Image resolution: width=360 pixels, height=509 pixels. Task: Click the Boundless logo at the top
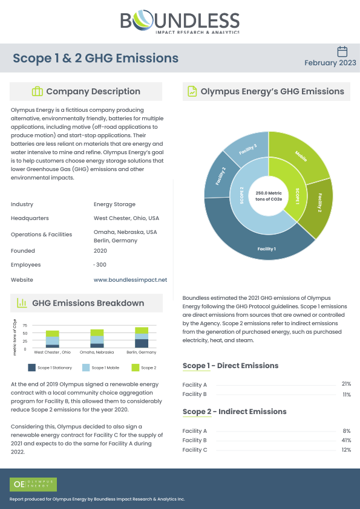point(180,23)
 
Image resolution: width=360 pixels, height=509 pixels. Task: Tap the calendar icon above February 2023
point(342,51)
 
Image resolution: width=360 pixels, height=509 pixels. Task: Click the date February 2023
point(330,63)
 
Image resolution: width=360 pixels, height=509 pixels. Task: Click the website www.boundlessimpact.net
point(130,280)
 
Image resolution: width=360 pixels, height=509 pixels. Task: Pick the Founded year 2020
point(100,250)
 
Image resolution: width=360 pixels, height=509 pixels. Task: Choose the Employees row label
point(25,265)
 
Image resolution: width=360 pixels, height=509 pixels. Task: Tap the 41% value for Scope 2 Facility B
point(346,440)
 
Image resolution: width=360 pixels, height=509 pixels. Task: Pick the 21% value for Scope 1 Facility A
point(346,384)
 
